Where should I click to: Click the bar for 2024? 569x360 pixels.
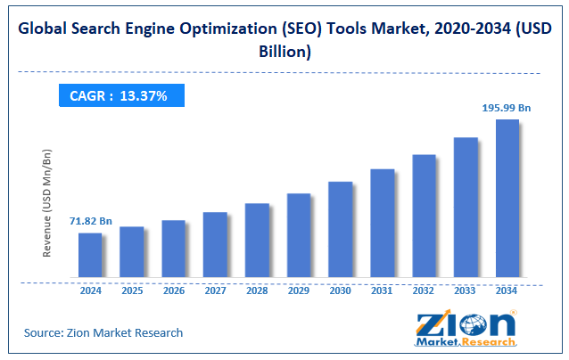point(90,256)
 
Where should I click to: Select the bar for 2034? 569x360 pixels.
point(507,198)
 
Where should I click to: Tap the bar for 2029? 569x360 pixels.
point(299,235)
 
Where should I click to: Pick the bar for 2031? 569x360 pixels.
point(383,223)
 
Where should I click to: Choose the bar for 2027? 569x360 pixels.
point(215,245)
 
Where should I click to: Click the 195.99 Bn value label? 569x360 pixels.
point(507,108)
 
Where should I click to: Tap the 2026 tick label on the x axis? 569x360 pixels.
point(173,290)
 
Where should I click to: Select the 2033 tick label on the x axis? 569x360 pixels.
point(466,290)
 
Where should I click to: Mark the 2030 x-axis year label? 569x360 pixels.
point(341,290)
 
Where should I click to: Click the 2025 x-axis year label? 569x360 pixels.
point(132,290)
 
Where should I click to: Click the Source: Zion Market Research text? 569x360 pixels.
point(103,332)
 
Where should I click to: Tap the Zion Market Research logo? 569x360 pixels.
point(465,330)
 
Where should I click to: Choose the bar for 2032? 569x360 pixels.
point(424,216)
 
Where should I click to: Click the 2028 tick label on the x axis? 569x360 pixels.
point(257,290)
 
